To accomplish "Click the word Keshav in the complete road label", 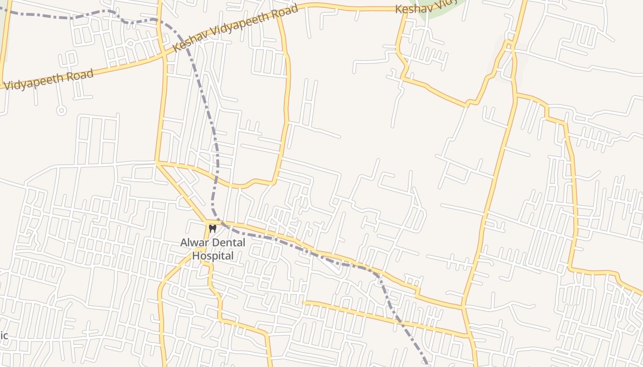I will [190, 41].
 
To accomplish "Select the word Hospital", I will [213, 256].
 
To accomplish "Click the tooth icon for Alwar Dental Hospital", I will [212, 228].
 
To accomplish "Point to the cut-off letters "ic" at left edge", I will [4, 335].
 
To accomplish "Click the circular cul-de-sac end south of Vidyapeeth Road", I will [61, 110].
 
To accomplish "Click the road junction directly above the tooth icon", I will [208, 222].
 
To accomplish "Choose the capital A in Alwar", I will [184, 243].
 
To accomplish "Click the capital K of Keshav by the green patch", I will [399, 9].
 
